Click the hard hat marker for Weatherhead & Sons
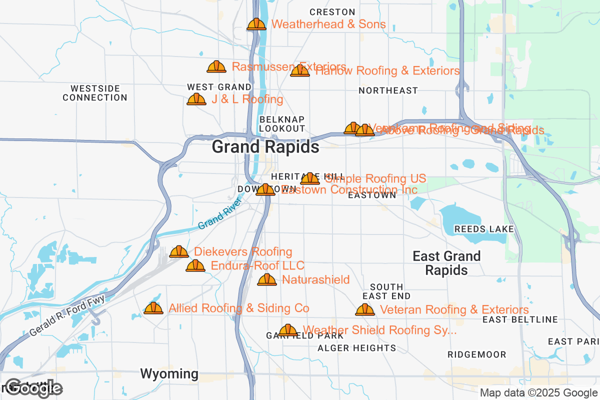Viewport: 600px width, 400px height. click(x=256, y=24)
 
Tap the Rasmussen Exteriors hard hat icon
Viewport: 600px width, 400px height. click(x=216, y=66)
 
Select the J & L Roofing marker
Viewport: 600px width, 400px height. click(x=196, y=99)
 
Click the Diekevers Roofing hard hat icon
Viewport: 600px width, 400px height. click(x=179, y=251)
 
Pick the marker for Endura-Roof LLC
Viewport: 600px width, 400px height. click(x=195, y=266)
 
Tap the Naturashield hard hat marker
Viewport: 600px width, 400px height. click(x=267, y=279)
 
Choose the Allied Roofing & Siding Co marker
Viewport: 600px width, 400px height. click(x=153, y=308)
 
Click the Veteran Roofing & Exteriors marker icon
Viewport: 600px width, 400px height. click(x=365, y=310)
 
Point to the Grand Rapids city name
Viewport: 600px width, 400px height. click(x=265, y=147)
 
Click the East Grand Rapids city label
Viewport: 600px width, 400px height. click(x=446, y=263)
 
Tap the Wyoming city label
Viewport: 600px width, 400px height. click(x=169, y=373)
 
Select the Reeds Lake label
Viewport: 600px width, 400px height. click(x=483, y=229)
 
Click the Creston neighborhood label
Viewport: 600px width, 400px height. click(x=332, y=12)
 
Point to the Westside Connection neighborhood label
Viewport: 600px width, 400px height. click(x=95, y=93)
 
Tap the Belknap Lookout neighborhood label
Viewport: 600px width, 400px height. click(x=282, y=124)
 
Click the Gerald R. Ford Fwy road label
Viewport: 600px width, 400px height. click(x=67, y=316)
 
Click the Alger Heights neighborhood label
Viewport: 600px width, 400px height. click(x=356, y=348)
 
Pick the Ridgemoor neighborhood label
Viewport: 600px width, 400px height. click(x=476, y=354)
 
